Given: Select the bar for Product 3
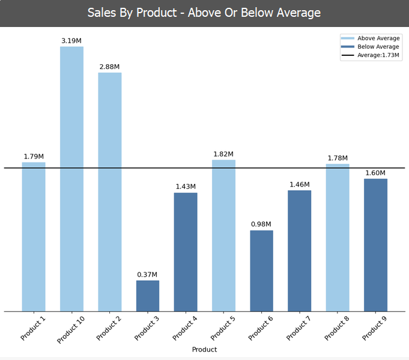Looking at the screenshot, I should [x=148, y=296].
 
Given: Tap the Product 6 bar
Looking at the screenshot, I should [x=261, y=271].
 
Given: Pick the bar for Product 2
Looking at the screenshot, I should [x=110, y=192].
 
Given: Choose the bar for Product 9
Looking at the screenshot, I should [x=375, y=245].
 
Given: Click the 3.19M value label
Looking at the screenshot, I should [x=71, y=41].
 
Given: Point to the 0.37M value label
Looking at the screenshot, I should [x=148, y=275].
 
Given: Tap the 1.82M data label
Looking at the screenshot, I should [x=223, y=154].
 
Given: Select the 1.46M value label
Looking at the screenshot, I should [x=299, y=185].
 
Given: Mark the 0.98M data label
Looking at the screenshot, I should [x=261, y=224].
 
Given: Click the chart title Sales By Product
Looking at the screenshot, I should [x=204, y=13].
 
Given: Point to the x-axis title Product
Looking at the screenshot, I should [x=204, y=349].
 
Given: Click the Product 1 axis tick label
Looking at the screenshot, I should [x=34, y=328].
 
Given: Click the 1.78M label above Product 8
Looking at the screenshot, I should [x=338, y=158].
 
